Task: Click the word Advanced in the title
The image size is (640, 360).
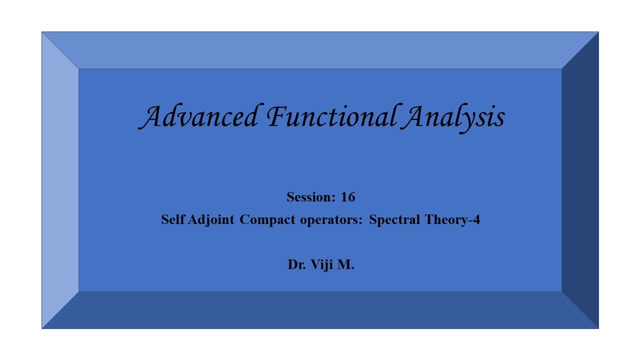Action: pos(198,116)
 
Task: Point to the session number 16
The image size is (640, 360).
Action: pos(348,197)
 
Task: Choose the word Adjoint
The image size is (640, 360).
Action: pos(211,220)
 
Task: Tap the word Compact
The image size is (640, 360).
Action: pos(267,220)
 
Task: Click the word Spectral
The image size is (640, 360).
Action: pos(394,220)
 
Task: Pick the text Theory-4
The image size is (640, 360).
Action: pos(452,220)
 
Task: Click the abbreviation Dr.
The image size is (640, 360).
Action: pos(297,264)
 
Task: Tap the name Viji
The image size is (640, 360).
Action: pos(321,265)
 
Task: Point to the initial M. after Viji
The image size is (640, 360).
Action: pos(345,264)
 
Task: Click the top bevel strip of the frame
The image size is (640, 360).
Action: pos(320,50)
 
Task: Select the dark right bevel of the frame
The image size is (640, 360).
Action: pos(580,180)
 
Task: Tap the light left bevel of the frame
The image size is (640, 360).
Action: pos(60,180)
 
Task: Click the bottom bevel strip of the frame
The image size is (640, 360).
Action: pos(320,310)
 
